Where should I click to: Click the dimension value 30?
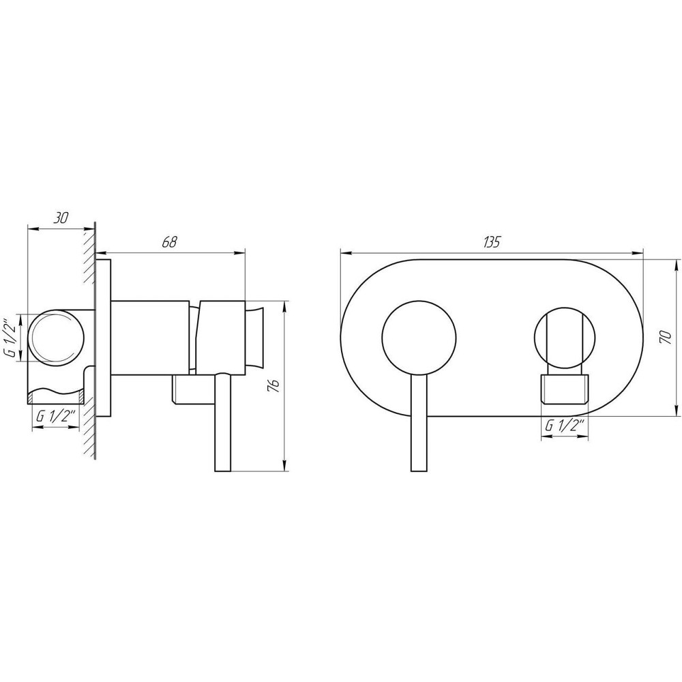tap(61, 218)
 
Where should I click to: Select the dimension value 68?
tap(170, 241)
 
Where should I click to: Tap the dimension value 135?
tap(492, 242)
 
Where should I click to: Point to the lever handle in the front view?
tap(418, 423)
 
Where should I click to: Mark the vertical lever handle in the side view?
tap(223, 423)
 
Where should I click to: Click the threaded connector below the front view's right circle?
tap(565, 389)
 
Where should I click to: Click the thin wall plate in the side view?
tap(103, 338)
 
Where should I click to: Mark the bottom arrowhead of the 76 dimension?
tap(284, 466)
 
